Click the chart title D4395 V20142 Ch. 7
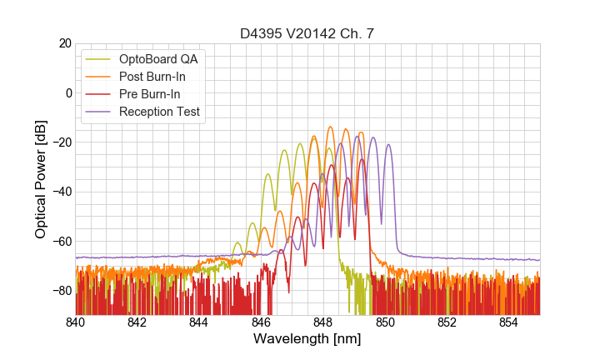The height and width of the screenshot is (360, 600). (307, 33)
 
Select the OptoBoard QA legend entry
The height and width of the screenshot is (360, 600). (158, 59)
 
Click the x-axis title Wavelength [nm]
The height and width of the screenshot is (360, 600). (307, 339)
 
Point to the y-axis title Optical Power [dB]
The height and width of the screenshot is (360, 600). (41, 178)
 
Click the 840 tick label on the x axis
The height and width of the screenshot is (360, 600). (75, 322)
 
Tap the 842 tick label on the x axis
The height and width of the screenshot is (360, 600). (137, 322)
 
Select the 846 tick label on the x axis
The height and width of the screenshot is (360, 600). (261, 322)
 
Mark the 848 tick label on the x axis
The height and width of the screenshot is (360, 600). (323, 322)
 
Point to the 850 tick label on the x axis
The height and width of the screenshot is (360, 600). (385, 322)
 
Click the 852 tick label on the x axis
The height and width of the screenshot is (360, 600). (447, 322)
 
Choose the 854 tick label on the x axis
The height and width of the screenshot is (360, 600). (509, 322)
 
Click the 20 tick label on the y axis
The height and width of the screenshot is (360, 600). (64, 43)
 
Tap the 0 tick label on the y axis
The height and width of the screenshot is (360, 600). (67, 92)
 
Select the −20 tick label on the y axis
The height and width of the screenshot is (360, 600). (60, 142)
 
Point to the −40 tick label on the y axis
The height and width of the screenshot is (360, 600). (60, 192)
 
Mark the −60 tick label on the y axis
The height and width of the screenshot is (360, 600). (60, 242)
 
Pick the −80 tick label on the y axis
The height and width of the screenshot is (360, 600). (60, 291)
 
